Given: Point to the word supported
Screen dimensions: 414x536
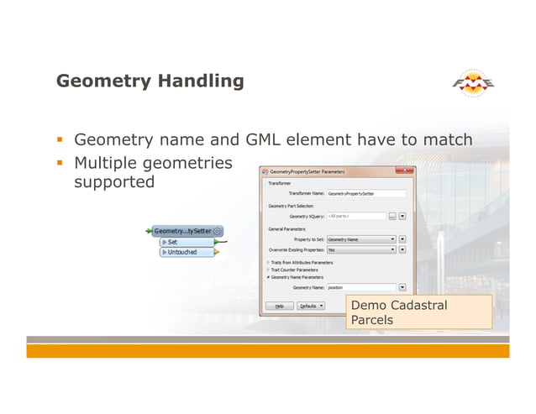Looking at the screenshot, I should click(x=115, y=181).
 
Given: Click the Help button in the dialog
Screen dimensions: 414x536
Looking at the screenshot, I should click(x=279, y=306).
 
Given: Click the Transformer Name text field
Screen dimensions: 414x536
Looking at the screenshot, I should click(x=365, y=193).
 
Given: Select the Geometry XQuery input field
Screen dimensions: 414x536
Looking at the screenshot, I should click(x=355, y=216).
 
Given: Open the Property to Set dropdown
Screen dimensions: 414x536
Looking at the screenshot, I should click(x=361, y=238).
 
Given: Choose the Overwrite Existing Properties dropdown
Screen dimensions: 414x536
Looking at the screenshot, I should click(x=361, y=249).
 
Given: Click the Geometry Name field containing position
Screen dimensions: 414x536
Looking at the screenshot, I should click(x=361, y=287).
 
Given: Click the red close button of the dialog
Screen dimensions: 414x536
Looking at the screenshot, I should click(x=408, y=171).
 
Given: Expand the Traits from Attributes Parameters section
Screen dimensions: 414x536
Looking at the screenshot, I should click(x=269, y=262).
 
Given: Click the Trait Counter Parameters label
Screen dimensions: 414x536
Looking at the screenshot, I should click(x=294, y=270).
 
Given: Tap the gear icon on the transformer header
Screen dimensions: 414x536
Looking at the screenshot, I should click(x=218, y=231).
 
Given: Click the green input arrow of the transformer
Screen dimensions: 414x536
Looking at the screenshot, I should click(x=149, y=231).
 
